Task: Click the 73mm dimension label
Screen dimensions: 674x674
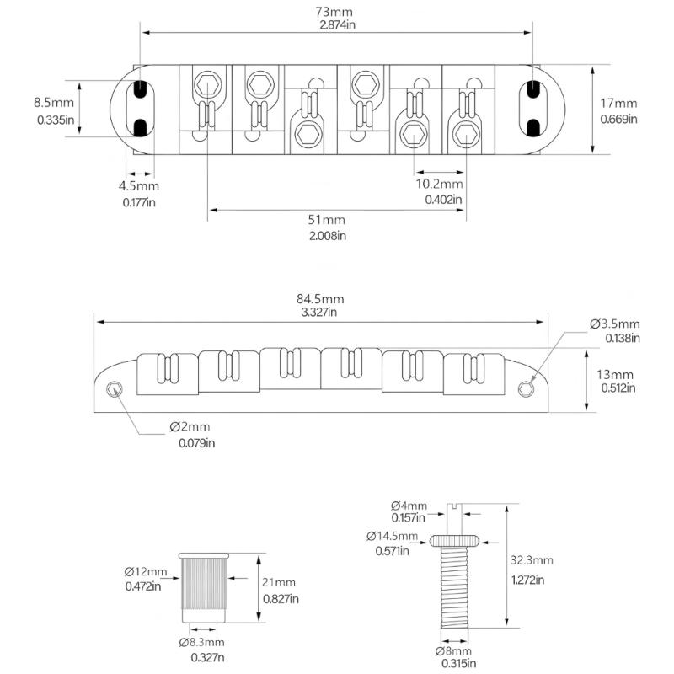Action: pyautogui.click(x=336, y=13)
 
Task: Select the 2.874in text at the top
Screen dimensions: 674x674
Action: pyautogui.click(x=336, y=26)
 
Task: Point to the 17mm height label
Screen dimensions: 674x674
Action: pyautogui.click(x=618, y=104)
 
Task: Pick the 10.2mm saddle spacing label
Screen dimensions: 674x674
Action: pyautogui.click(x=438, y=184)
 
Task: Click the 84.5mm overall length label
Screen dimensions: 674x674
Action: pyautogui.click(x=321, y=298)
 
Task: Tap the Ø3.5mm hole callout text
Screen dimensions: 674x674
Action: pyautogui.click(x=614, y=324)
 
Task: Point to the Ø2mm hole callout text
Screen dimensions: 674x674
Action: pyautogui.click(x=195, y=427)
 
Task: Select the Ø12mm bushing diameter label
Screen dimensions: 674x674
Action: pyautogui.click(x=146, y=572)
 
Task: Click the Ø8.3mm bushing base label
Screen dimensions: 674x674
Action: pyautogui.click(x=202, y=642)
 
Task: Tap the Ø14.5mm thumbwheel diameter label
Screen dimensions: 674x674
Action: pyautogui.click(x=392, y=536)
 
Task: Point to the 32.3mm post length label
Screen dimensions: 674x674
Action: pyautogui.click(x=531, y=560)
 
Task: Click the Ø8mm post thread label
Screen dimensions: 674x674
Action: pyautogui.click(x=453, y=651)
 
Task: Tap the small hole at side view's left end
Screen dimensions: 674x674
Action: pyautogui.click(x=114, y=388)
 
